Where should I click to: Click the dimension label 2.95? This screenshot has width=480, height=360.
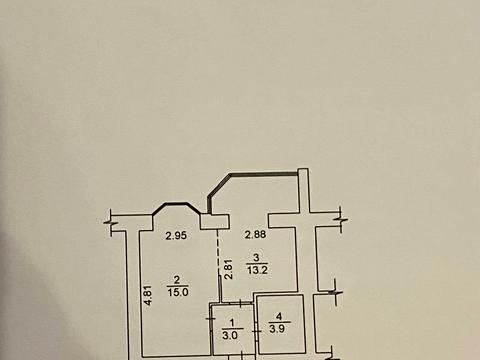click(176, 236)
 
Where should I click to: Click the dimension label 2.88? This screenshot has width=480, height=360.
click(258, 235)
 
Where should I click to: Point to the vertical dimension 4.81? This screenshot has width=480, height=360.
click(148, 296)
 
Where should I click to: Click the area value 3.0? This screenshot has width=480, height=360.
click(229, 335)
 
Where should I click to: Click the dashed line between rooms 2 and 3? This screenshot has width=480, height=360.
click(218, 265)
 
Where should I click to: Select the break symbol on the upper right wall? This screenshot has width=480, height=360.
click(340, 218)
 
